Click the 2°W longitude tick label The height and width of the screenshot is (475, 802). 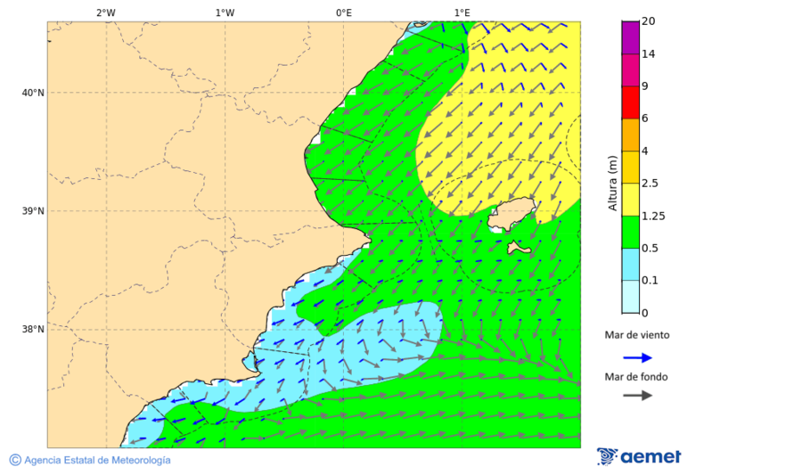click(105, 12)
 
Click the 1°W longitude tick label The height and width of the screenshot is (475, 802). click(225, 12)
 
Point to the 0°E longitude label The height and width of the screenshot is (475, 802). click(343, 12)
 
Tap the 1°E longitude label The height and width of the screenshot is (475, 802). click(462, 12)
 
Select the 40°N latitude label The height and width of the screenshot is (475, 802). click(33, 93)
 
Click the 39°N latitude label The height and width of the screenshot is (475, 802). click(33, 211)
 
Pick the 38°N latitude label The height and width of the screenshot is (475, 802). click(33, 330)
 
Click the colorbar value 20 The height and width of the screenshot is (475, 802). click(649, 21)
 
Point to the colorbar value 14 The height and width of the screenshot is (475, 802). click(649, 54)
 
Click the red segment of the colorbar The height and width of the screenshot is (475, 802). click(630, 102)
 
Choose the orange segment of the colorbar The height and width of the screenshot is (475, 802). click(630, 135)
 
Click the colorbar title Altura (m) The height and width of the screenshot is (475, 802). click(612, 183)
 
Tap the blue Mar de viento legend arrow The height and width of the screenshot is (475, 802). click(637, 357)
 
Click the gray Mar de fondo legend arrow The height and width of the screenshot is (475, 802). click(637, 396)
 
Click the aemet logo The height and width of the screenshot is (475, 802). click(639, 456)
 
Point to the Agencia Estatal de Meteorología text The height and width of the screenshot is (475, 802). click(96, 460)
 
